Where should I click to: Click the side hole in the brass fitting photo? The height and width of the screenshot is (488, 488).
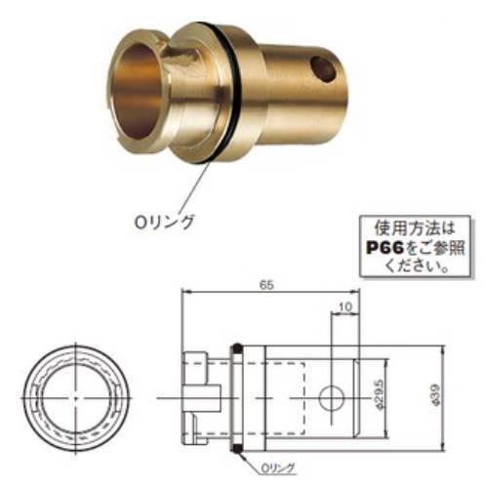(x=320, y=69)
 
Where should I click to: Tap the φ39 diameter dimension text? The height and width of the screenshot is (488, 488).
(x=436, y=396)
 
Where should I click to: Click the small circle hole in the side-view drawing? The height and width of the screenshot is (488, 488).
(x=333, y=397)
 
